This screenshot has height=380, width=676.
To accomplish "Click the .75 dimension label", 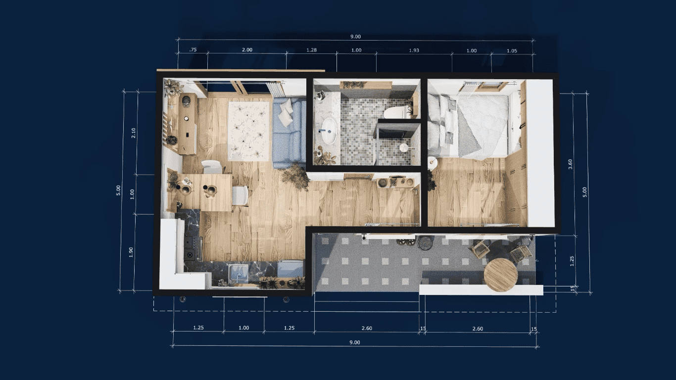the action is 193,50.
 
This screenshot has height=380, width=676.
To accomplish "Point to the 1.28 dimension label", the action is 311,50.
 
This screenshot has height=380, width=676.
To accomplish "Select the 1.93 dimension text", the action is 414,50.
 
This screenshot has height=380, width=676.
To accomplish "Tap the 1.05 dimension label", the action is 512,50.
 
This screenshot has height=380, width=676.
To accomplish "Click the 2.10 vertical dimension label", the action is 134,133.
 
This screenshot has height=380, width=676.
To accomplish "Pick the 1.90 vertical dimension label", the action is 131,252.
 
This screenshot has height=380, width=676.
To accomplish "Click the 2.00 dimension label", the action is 247,50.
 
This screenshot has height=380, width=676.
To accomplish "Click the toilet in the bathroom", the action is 394,112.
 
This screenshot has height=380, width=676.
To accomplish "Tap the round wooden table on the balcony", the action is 501,275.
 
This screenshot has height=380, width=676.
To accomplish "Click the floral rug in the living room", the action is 248,131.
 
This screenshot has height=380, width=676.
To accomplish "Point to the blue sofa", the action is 289,134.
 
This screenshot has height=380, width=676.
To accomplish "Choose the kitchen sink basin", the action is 239,273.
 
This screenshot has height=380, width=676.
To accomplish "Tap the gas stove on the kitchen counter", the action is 193,248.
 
